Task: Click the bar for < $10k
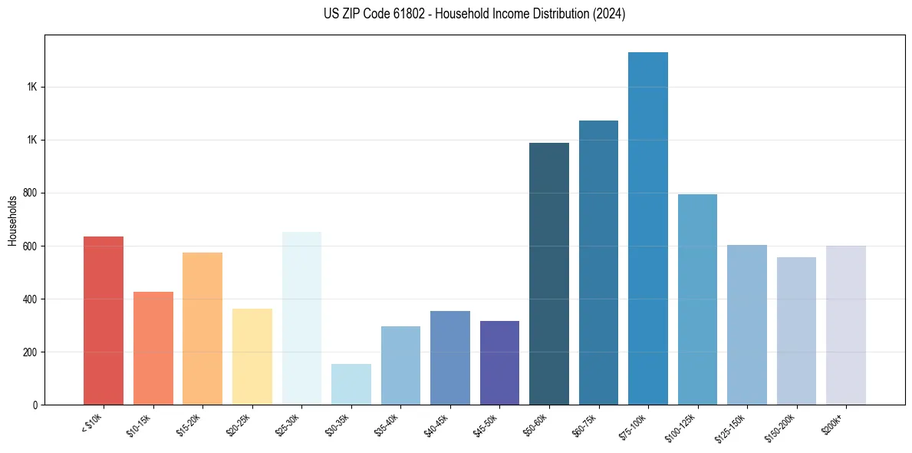[x=104, y=320]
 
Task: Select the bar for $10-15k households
[x=153, y=348]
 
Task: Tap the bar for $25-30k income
[x=301, y=318]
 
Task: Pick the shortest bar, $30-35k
[x=351, y=384]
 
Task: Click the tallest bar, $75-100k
[x=648, y=228]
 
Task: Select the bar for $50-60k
[x=549, y=273]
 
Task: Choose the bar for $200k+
[x=846, y=325]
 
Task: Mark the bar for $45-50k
[x=499, y=362]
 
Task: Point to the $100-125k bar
[x=697, y=299]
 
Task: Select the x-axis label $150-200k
[x=778, y=426]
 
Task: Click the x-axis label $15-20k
[x=186, y=424]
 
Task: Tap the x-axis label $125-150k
[x=729, y=426]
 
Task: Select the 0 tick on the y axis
[x=35, y=405]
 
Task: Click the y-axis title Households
[x=13, y=220]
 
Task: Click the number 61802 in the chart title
[x=403, y=14]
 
